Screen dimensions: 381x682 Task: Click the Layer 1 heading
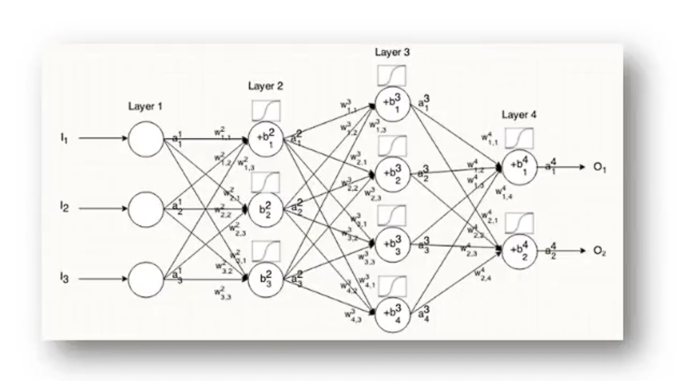[146, 106]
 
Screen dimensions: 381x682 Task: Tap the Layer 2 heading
[265, 86]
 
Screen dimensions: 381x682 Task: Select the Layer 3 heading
[392, 53]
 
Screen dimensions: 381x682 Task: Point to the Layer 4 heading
[518, 115]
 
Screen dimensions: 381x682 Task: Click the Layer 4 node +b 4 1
[518, 168]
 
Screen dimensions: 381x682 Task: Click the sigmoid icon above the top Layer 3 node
[392, 76]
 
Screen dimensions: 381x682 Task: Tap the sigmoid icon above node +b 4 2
[518, 223]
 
